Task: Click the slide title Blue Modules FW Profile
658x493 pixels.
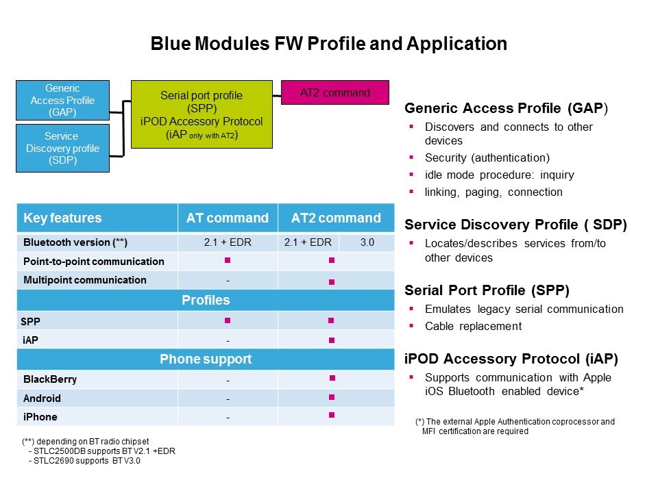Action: point(328,45)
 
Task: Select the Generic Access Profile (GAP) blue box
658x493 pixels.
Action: point(63,100)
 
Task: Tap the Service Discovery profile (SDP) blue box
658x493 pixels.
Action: point(63,148)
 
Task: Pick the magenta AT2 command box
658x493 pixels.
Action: point(335,92)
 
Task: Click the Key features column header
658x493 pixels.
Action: point(62,218)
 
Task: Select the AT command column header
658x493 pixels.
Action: point(228,218)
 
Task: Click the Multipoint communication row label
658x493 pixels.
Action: point(84,279)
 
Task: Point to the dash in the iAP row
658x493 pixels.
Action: point(228,340)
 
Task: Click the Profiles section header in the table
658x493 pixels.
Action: point(206,300)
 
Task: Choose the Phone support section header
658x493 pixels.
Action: point(206,359)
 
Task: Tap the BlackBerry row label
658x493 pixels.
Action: point(50,379)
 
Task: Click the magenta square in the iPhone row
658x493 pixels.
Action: point(332,415)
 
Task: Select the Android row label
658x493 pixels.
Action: point(42,398)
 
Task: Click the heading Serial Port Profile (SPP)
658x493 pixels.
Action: point(486,289)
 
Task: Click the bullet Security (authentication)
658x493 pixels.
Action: point(487,157)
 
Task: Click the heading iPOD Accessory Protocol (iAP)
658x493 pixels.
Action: point(511,358)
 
